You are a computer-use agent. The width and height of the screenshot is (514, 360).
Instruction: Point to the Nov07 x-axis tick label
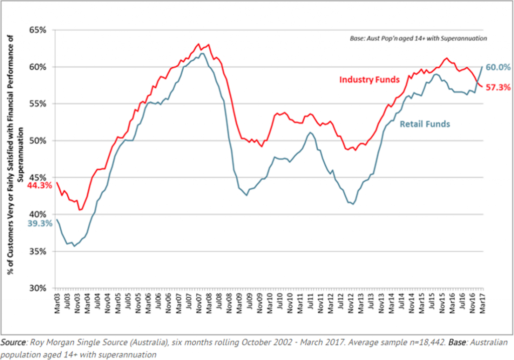click(x=199, y=304)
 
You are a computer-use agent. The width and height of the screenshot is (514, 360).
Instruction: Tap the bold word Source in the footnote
click(x=14, y=343)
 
